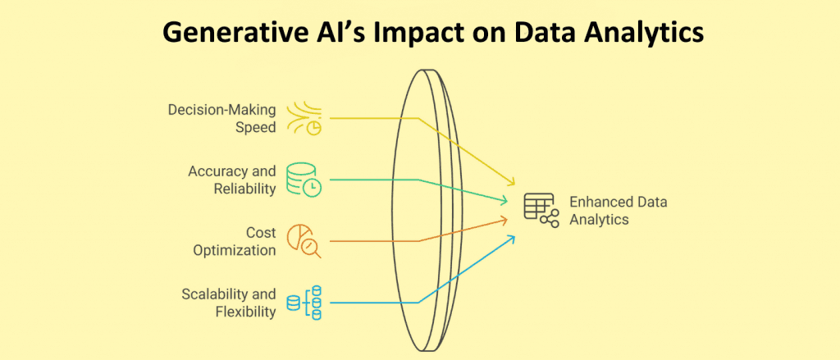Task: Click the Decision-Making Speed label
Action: coord(222,118)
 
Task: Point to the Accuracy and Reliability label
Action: coord(232,180)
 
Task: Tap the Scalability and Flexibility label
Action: coord(229,303)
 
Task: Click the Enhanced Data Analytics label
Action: coord(619,211)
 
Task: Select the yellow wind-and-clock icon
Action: coord(304,118)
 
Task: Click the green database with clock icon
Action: coord(304,180)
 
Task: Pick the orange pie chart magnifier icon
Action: coord(304,242)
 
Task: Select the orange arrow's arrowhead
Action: coord(503,219)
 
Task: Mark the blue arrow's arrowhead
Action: coord(511,239)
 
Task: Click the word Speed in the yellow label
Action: coord(257,128)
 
